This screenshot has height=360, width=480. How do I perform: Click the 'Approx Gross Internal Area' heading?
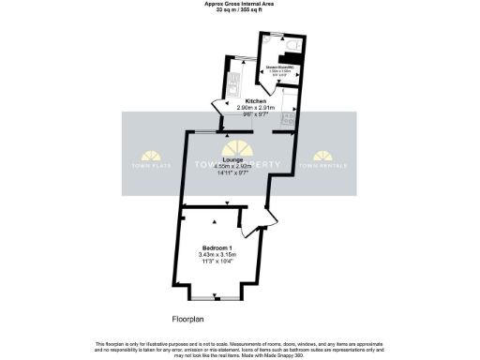click(239, 4)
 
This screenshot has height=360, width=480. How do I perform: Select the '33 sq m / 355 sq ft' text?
click(239, 10)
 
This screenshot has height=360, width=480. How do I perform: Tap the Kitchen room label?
click(256, 101)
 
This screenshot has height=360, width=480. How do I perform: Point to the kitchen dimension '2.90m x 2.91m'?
click(256, 109)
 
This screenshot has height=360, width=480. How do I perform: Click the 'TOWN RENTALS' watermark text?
click(322, 167)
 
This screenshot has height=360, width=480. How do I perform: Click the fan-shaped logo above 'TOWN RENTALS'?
click(322, 156)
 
